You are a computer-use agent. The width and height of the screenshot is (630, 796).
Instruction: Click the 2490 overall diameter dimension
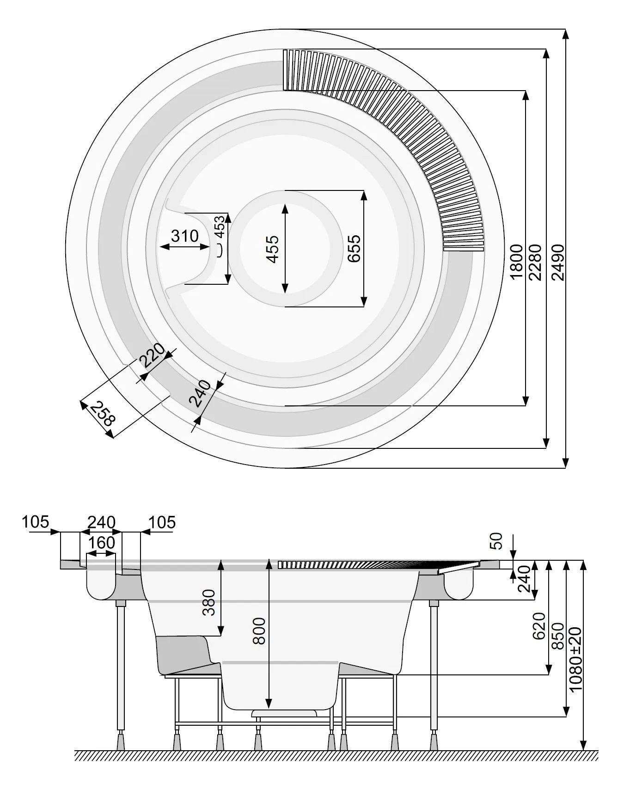(x=558, y=263)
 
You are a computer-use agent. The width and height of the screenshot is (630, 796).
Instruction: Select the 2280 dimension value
(x=536, y=263)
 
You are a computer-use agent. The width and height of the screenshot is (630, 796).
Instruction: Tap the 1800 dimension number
(x=516, y=263)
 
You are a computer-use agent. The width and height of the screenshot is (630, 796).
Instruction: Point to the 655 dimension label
(x=354, y=249)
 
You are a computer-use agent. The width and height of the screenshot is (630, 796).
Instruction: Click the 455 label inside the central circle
(x=273, y=249)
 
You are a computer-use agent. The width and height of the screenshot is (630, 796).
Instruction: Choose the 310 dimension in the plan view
(x=184, y=236)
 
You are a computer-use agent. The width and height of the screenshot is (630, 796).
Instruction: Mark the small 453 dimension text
(x=220, y=226)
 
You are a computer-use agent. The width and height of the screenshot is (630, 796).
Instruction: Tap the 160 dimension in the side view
(x=101, y=542)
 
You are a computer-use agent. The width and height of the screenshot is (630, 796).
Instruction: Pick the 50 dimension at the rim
(x=495, y=541)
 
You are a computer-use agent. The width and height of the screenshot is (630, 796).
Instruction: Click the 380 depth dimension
(x=209, y=602)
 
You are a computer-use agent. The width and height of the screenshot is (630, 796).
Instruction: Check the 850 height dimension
(x=558, y=636)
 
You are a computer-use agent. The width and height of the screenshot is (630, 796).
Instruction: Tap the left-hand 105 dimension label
(x=35, y=522)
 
